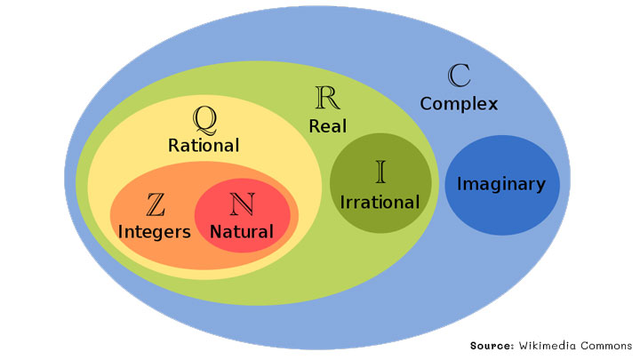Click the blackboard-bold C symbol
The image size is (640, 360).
tap(460, 74)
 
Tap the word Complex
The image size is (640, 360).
tap(459, 104)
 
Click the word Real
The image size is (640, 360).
tap(328, 126)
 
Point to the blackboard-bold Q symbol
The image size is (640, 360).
tap(204, 116)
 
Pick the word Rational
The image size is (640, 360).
tap(204, 145)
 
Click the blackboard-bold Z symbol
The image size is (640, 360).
tap(156, 204)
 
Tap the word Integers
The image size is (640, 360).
tap(155, 232)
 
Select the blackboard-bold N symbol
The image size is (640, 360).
tap(241, 204)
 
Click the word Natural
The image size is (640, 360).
tap(242, 232)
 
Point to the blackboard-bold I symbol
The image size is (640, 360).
tap(380, 171)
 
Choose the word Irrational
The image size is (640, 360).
tap(380, 202)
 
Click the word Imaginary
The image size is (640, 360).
tap(500, 184)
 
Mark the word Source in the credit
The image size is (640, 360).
tap(490, 345)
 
